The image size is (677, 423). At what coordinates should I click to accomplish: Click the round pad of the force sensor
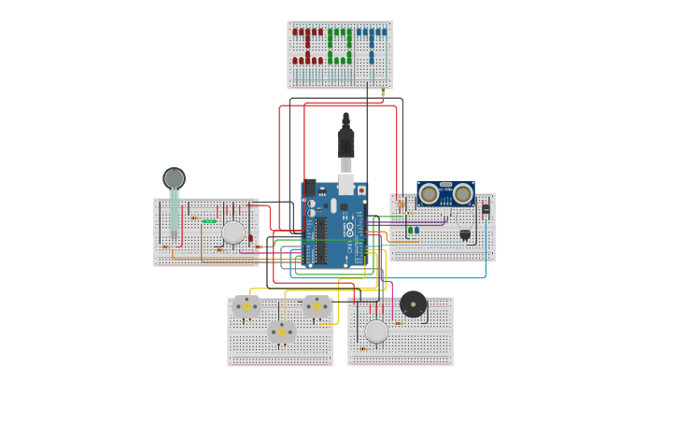pos(174,177)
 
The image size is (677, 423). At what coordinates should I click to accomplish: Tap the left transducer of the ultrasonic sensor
pos(429,194)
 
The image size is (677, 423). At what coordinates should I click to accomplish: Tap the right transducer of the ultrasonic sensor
pos(462,194)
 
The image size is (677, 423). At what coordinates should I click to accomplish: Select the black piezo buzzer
pos(413,303)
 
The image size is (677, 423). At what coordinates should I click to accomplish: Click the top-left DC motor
pos(247,306)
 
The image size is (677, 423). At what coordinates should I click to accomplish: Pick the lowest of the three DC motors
pos(281,331)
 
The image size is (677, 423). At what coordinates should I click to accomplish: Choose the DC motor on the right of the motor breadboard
pos(317,306)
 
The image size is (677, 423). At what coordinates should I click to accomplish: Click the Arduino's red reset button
pos(361,190)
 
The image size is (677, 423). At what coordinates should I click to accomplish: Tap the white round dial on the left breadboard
pos(233,232)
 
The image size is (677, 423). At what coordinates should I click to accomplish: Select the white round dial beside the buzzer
pos(376,331)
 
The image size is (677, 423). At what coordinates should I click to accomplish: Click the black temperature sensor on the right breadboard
pos(465,234)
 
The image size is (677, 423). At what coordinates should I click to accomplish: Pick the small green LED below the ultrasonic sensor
pos(410,230)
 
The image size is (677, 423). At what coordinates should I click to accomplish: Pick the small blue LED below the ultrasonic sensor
pos(416,230)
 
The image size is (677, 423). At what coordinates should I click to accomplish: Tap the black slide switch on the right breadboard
pos(486,210)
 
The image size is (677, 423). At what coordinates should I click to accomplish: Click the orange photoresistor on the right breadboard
pos(401,204)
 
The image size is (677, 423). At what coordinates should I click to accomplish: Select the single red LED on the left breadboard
pos(250,238)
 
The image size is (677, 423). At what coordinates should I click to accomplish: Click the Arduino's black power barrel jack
pos(310,188)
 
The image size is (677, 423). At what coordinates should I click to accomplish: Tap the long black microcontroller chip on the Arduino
pos(320,241)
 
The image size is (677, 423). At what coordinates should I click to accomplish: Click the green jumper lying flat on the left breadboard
pos(209,221)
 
